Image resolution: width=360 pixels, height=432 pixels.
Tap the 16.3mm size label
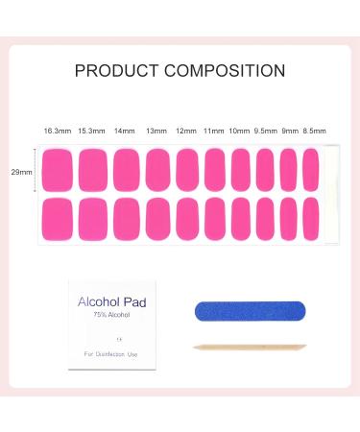[56, 130]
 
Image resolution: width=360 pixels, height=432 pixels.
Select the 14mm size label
[125, 130]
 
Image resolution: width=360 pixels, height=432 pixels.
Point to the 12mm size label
[188, 130]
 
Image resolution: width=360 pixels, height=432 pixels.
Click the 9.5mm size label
[265, 130]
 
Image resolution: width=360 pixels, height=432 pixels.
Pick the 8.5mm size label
[312, 130]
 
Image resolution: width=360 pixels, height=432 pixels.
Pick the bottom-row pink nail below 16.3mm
[59, 217]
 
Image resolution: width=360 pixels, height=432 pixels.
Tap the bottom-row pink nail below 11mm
[217, 217]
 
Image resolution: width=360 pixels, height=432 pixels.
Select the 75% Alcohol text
[106, 315]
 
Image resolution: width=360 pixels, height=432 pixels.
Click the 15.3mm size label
[90, 130]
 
